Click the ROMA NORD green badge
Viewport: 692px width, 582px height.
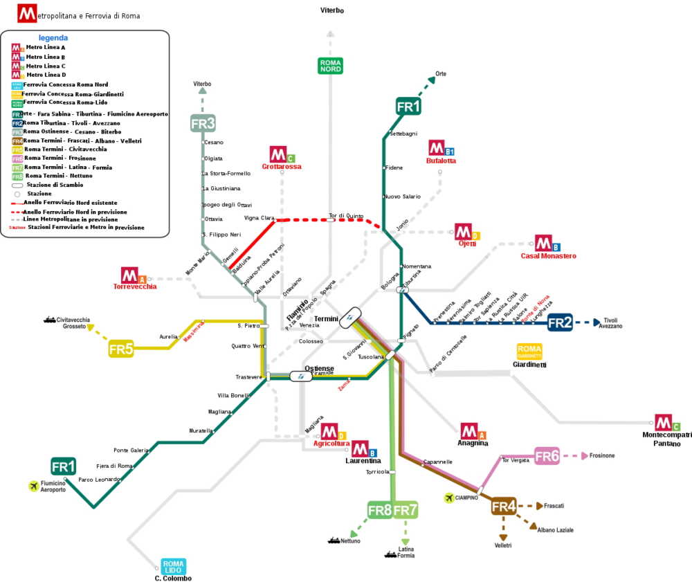(330, 66)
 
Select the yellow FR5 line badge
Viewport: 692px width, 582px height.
(120, 349)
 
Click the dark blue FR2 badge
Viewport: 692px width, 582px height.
(560, 322)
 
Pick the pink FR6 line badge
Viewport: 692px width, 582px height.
(547, 456)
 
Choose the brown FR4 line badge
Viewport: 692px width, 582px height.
(504, 507)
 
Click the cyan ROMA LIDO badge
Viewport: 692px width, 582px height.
(173, 566)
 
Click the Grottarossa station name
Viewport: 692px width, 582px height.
(282, 167)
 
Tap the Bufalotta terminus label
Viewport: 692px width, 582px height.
(441, 161)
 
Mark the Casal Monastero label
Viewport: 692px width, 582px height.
(548, 256)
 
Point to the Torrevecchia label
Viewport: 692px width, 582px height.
(135, 287)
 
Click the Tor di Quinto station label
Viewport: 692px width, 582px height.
(346, 215)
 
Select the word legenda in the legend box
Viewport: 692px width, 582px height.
(53, 37)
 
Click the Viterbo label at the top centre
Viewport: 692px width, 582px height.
(332, 10)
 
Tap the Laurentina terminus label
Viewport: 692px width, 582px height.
(363, 460)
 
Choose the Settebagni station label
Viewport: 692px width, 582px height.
(404, 133)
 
